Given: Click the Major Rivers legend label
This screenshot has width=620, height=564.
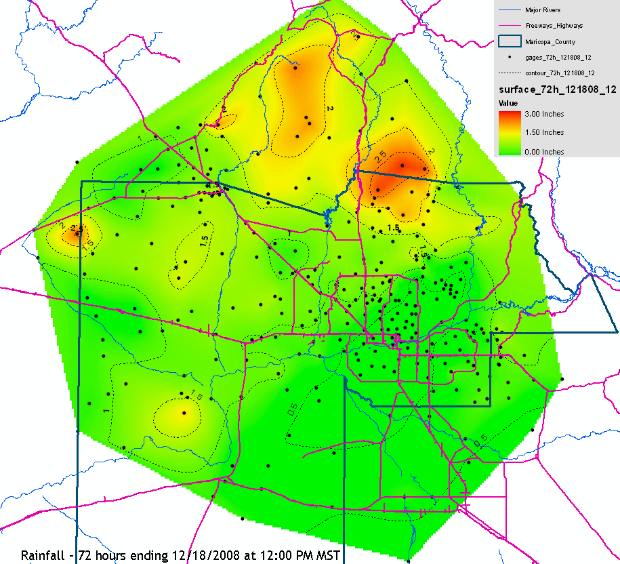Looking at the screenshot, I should tap(542, 10).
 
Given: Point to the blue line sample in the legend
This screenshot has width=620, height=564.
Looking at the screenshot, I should tap(509, 10).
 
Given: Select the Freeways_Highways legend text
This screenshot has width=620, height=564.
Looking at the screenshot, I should tap(554, 26).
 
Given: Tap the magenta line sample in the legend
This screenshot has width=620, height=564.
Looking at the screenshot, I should tap(509, 26).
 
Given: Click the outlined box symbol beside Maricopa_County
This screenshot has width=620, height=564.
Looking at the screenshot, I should tap(509, 42).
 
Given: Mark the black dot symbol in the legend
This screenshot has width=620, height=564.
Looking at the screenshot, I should tap(509, 58).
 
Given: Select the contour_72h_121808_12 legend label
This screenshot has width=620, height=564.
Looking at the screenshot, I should tap(562, 73).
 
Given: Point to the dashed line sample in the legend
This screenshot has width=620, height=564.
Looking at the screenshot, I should tap(509, 73).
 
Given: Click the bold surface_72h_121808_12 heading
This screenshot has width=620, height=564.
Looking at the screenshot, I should tap(557, 89).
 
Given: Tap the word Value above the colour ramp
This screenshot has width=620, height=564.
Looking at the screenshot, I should tap(508, 103).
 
